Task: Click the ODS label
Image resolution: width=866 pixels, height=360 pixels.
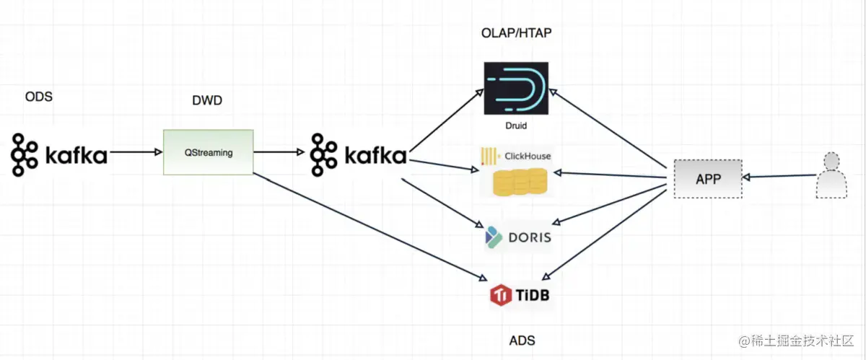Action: click(38, 97)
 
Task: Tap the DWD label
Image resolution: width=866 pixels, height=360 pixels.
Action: click(207, 100)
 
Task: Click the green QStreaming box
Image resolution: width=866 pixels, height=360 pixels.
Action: click(208, 152)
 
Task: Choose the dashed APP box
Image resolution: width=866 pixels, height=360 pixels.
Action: click(707, 179)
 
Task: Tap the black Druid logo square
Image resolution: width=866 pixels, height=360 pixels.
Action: click(516, 88)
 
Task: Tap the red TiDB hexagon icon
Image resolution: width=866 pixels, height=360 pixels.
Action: click(501, 295)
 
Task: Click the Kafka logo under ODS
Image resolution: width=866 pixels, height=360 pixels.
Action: click(59, 154)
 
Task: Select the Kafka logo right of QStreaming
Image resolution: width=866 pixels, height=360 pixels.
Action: click(359, 154)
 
